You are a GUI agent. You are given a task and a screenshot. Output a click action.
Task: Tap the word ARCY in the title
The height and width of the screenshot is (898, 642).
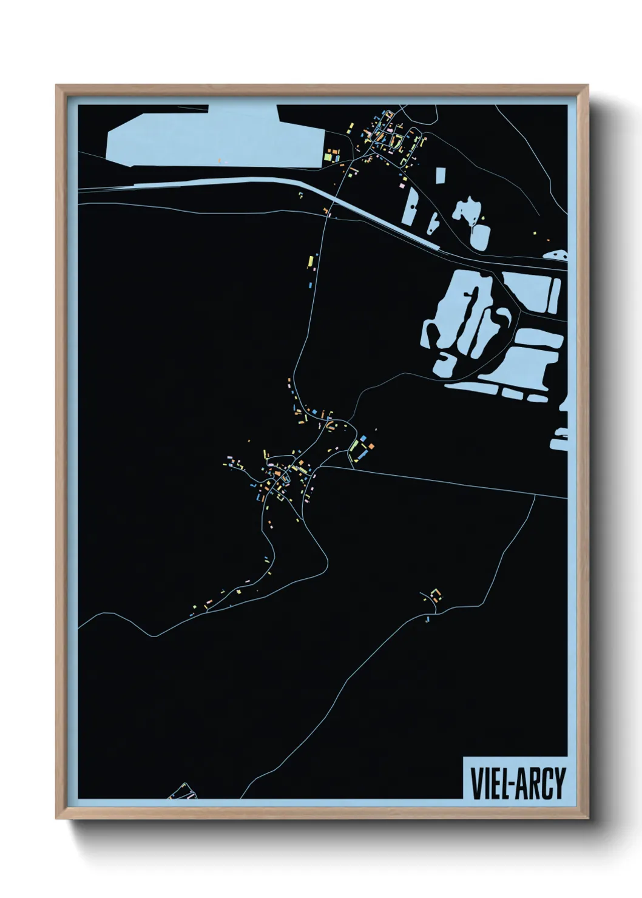[x=541, y=783]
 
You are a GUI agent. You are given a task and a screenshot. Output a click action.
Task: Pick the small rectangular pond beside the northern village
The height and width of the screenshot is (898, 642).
[x=441, y=175]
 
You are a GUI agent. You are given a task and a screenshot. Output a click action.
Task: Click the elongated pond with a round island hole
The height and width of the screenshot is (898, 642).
[x=411, y=206]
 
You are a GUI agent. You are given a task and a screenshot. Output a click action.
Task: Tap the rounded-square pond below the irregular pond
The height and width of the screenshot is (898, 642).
[x=479, y=237]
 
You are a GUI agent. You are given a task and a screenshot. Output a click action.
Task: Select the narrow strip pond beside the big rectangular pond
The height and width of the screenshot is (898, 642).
[x=555, y=295]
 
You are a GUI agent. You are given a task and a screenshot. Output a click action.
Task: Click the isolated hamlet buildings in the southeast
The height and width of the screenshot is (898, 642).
[x=434, y=595]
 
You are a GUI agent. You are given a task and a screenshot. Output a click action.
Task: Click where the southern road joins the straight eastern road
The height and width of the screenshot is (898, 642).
[x=535, y=495]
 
